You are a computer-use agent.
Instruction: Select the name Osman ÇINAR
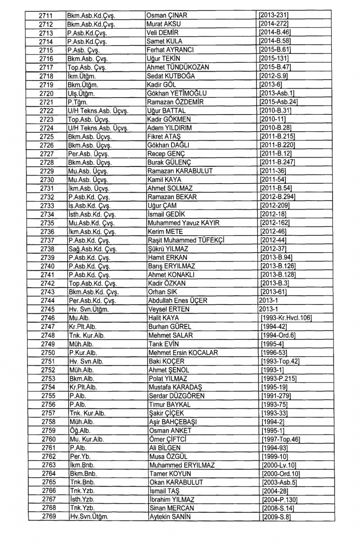pyautogui.click(x=167, y=15)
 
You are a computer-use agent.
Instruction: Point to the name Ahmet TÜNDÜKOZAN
pyautogui.click(x=178, y=67)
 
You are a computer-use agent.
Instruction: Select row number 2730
pyautogui.click(x=47, y=180)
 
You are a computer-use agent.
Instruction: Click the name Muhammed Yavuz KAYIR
pyautogui.click(x=184, y=223)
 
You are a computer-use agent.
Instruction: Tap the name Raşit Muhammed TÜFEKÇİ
pyautogui.click(x=186, y=240)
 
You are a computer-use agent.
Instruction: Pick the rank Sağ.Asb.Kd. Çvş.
pyautogui.click(x=93, y=249)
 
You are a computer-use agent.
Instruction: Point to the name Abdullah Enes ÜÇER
pyautogui.click(x=178, y=301)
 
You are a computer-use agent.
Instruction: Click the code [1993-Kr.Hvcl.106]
pyautogui.click(x=287, y=318)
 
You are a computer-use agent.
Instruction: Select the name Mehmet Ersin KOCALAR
pyautogui.click(x=183, y=353)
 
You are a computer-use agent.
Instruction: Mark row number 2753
pyautogui.click(x=48, y=379)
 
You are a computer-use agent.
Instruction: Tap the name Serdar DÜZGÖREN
pyautogui.click(x=177, y=396)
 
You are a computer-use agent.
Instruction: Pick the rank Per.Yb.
pyautogui.click(x=77, y=456)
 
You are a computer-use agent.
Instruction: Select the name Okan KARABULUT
pyautogui.click(x=176, y=482)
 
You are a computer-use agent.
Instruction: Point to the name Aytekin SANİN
pyautogui.click(x=170, y=517)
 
